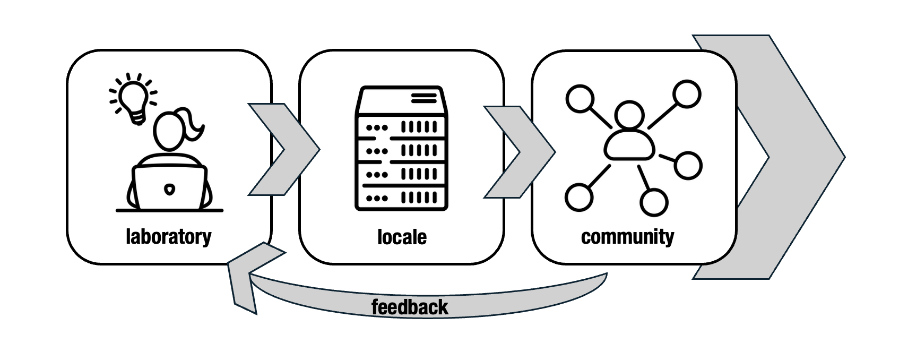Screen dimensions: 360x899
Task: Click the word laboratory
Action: point(168,237)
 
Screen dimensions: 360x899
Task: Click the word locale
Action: point(402,237)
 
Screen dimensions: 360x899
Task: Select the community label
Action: point(627,237)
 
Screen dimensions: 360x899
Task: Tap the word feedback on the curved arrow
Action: point(410,307)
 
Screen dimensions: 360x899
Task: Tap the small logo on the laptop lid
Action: point(169,189)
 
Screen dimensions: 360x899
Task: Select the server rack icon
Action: point(401,148)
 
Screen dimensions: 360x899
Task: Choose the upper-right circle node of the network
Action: point(687,95)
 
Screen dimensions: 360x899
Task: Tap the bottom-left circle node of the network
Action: point(578,198)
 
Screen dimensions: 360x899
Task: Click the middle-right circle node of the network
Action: point(688,165)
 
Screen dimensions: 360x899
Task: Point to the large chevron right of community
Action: point(791,157)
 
